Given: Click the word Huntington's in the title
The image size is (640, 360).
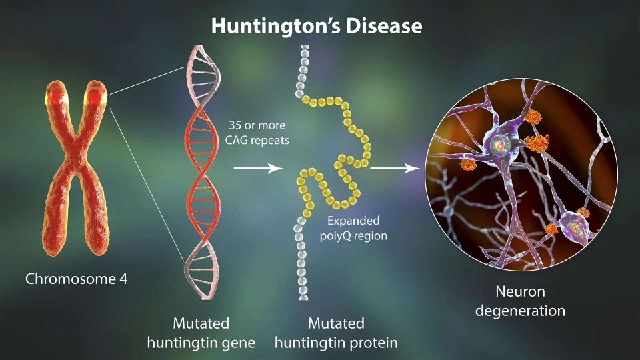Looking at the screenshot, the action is click(x=275, y=26).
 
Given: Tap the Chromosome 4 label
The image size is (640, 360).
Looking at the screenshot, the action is click(x=76, y=279).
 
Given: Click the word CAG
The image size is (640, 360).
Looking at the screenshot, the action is click(x=236, y=141).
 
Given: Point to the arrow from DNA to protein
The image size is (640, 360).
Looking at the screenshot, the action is click(x=258, y=168).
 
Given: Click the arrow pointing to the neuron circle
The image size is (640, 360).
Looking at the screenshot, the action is click(x=395, y=168).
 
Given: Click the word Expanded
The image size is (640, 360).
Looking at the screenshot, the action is click(x=353, y=221).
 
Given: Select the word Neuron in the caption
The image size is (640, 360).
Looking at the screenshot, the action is click(x=521, y=291).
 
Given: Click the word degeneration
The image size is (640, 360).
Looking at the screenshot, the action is click(x=521, y=311).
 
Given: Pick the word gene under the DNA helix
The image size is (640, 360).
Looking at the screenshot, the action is click(x=237, y=343).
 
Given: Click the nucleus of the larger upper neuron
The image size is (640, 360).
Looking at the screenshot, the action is click(x=500, y=144).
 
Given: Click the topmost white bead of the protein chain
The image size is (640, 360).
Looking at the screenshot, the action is click(x=304, y=48).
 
